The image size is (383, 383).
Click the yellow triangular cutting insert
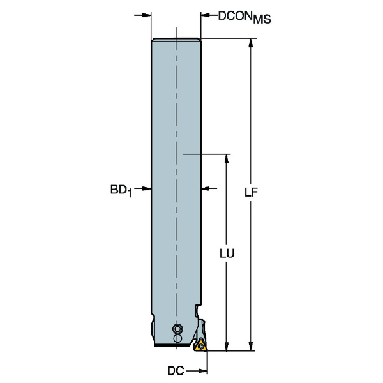[x=201, y=345]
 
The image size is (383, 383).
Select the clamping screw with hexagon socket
[x=177, y=328]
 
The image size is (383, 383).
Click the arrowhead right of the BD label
[x=146, y=188]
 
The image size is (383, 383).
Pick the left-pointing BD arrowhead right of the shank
[x=207, y=188]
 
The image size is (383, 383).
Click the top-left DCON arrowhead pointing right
[x=146, y=16]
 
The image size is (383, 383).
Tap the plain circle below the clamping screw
[x=178, y=336]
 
